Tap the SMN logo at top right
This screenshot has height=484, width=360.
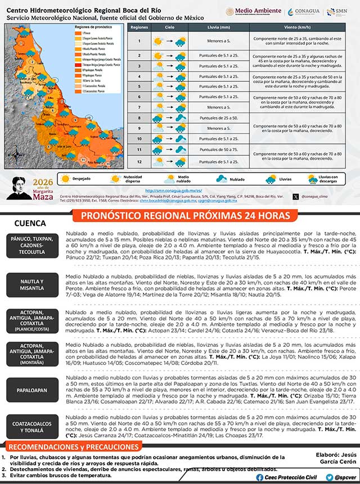click(x=339, y=12)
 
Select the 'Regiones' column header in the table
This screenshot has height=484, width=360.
click(x=138, y=28)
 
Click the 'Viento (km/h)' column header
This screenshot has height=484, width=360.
click(x=298, y=28)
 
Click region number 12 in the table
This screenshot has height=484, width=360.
click(x=138, y=162)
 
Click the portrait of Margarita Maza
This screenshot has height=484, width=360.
click(x=22, y=187)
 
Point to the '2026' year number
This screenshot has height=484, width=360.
click(x=43, y=183)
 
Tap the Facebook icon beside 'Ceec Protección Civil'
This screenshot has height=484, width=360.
click(x=259, y=477)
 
